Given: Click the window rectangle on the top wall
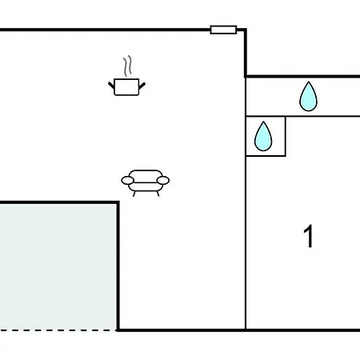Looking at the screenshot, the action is pyautogui.click(x=223, y=30).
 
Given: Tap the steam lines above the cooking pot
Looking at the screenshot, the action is pyautogui.click(x=128, y=66).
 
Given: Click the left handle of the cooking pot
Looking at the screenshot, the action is pyautogui.click(x=111, y=86).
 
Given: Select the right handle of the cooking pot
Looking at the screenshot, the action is pyautogui.click(x=142, y=86).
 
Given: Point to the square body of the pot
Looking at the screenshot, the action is pyautogui.click(x=126, y=87).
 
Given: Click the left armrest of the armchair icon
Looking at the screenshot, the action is pyautogui.click(x=128, y=181).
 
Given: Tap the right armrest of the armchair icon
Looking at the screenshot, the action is pyautogui.click(x=163, y=181).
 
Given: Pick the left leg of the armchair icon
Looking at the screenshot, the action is pyautogui.click(x=134, y=194).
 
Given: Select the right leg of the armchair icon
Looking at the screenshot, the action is pyautogui.click(x=158, y=194).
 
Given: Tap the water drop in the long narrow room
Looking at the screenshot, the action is pyautogui.click(x=309, y=96).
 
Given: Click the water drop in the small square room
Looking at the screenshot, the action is pyautogui.click(x=263, y=136).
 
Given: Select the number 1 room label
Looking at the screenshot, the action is pyautogui.click(x=309, y=236).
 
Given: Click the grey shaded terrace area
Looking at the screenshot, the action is pyautogui.click(x=58, y=267).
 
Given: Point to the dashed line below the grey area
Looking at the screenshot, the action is pyautogui.click(x=58, y=330).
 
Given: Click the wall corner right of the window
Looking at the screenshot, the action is pyautogui.click(x=246, y=30).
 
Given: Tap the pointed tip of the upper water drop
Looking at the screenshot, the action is pyautogui.click(x=309, y=82).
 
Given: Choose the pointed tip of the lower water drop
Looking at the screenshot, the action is pyautogui.click(x=263, y=122).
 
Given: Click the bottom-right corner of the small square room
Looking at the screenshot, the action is pyautogui.click(x=286, y=156).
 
